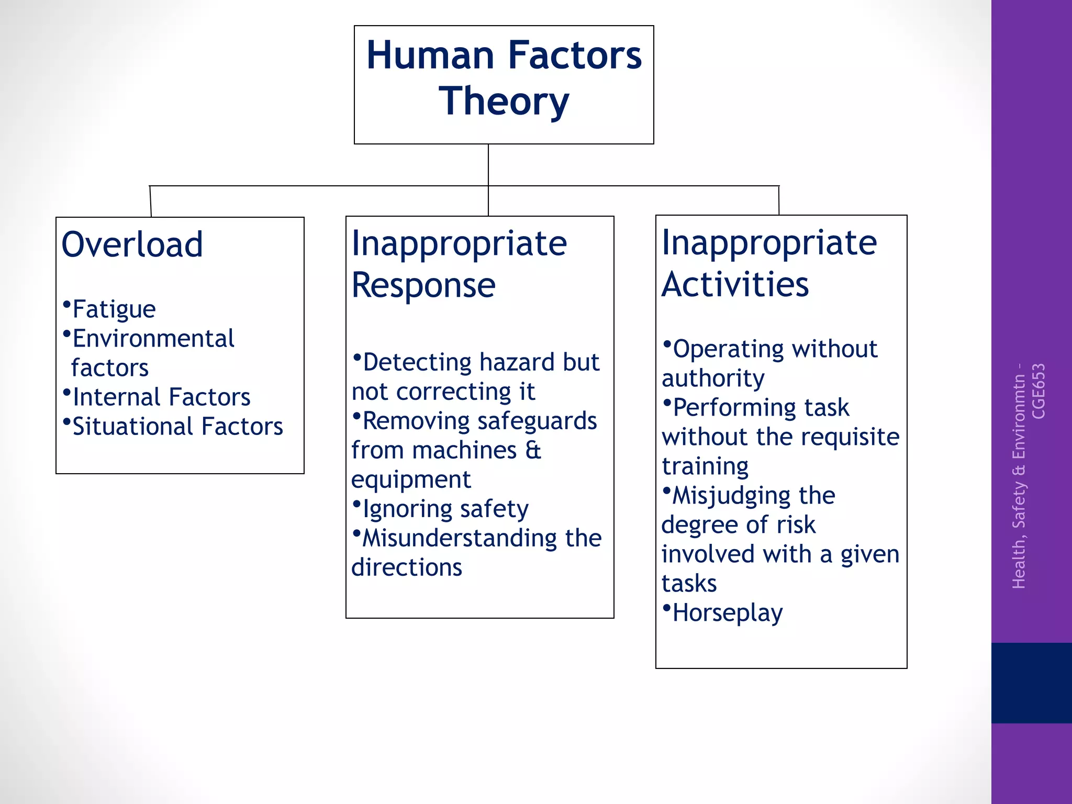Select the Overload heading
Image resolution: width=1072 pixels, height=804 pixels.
(132, 244)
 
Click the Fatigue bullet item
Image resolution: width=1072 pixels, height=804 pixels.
(113, 309)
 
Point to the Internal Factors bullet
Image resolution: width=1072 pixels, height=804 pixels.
(161, 397)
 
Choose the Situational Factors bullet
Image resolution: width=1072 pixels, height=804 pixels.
(177, 427)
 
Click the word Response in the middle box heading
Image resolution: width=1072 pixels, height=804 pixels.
(423, 285)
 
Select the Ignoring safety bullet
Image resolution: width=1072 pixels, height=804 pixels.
(445, 509)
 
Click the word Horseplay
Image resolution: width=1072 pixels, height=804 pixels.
(727, 613)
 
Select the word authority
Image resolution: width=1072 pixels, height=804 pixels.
(713, 378)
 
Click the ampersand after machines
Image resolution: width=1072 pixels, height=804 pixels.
(533, 451)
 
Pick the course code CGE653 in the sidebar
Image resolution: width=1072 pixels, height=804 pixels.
(1038, 392)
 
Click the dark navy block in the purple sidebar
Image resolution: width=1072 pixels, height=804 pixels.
(1031, 683)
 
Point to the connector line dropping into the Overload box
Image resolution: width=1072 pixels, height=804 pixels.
(151, 202)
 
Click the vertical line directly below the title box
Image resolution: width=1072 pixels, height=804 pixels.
(488, 164)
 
